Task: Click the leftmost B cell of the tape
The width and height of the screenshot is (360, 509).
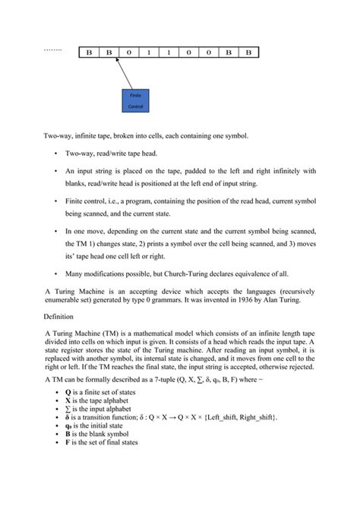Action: tap(88, 52)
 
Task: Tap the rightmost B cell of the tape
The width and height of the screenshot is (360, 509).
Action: tap(247, 52)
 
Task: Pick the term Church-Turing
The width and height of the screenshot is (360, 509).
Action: tap(197, 271)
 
